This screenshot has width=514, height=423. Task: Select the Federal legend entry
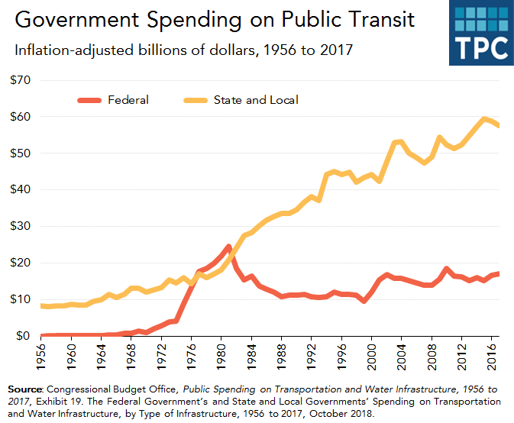click(128, 99)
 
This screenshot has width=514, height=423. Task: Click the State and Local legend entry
click(255, 99)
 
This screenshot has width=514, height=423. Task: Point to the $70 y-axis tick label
click(21, 80)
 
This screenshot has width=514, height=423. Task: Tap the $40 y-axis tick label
click(21, 189)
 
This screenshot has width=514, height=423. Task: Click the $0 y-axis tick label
click(24, 336)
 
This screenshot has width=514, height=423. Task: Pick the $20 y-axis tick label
click(21, 263)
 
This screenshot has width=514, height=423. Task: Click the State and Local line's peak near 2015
click(483, 118)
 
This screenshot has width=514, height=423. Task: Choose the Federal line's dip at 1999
click(364, 301)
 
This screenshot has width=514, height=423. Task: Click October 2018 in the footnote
click(345, 414)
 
